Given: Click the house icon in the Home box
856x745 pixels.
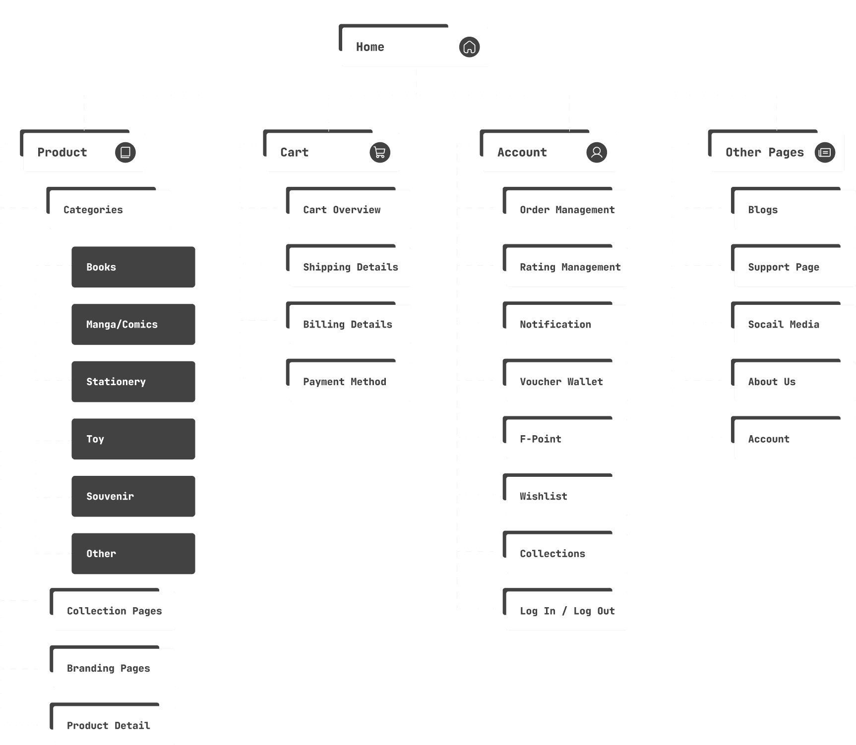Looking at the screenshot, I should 469,47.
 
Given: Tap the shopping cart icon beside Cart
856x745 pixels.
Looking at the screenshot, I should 380,152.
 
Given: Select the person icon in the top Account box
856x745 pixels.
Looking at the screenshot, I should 597,152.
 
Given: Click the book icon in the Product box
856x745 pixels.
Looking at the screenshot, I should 125,152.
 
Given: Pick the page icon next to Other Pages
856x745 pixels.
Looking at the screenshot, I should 825,152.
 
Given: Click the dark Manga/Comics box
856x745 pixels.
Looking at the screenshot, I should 133,324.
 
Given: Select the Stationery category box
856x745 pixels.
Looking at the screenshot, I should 133,382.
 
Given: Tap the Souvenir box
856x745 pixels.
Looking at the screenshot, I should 133,496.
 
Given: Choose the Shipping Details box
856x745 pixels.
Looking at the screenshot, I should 350,267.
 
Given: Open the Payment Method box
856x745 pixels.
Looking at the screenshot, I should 350,382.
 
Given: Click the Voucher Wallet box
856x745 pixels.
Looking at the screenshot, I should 566,382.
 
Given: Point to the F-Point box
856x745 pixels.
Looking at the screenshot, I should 566,439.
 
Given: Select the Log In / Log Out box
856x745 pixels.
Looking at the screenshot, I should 566,611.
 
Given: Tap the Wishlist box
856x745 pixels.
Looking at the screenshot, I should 566,496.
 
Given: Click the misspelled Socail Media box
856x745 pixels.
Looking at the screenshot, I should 795,324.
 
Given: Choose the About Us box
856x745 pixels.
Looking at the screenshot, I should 795,382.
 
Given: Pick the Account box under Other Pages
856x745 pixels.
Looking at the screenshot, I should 795,439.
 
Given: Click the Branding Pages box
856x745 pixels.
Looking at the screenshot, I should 114,668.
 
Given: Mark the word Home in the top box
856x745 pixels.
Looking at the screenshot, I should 370,47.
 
